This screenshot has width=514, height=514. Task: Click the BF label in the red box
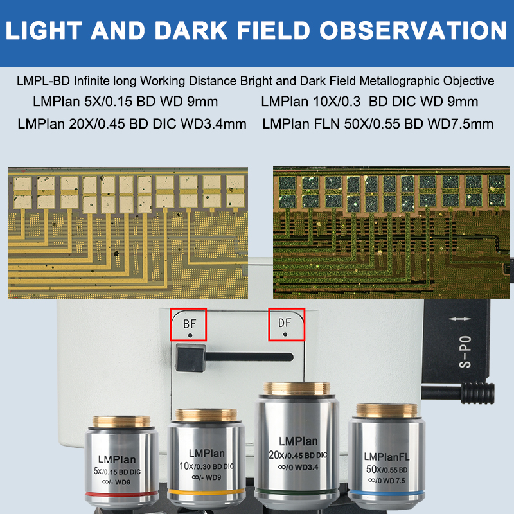coord(190,323)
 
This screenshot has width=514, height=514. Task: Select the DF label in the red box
coord(285,323)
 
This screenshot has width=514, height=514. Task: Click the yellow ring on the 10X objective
coord(206,492)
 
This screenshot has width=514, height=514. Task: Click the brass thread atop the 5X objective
coord(121,421)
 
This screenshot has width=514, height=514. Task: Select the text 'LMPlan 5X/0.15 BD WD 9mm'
coord(125,102)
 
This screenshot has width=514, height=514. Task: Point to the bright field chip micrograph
coord(127,233)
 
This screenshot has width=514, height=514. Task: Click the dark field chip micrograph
coord(389,233)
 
